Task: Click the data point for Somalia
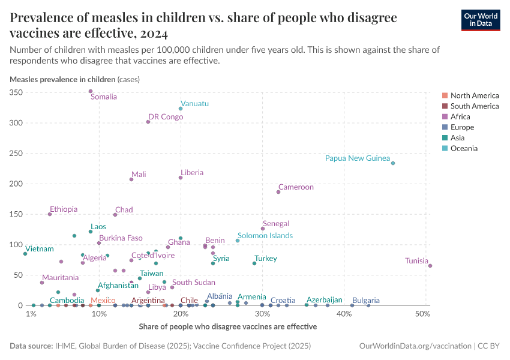coord(91,91)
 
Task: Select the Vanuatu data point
coord(181,109)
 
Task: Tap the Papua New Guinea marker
coord(393,163)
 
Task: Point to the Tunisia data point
coord(430,266)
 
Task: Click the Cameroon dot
coord(278,192)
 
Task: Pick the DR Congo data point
coord(148,122)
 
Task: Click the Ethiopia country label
coord(64,209)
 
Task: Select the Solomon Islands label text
coord(265,236)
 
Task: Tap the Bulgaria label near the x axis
coord(366,300)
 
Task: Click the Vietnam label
coord(40,249)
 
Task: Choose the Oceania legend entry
coord(464,148)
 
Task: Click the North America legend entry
coord(474,95)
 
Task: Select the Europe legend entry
coord(462,127)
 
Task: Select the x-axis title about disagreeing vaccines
coord(227,327)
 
